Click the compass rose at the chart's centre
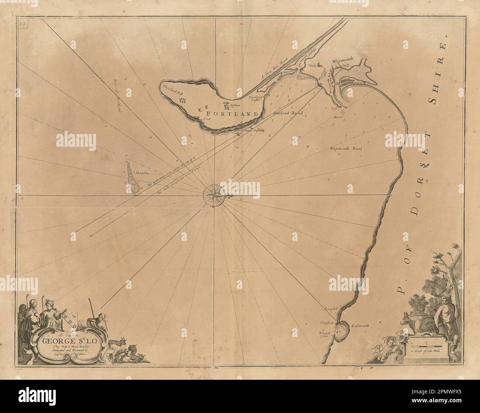pos(213,192)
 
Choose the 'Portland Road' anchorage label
pos(288,113)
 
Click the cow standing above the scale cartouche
pos(417,323)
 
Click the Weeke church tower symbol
pos(323,65)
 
